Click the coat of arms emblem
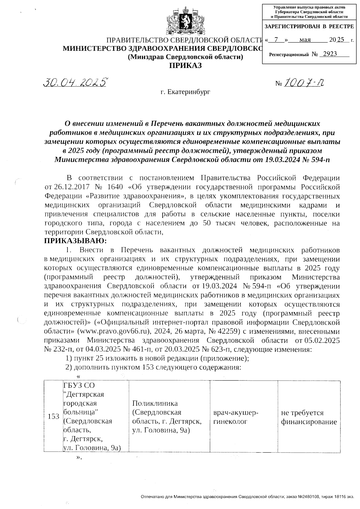pos(185,22)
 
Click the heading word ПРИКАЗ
pos(185,65)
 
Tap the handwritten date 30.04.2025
pos(75,82)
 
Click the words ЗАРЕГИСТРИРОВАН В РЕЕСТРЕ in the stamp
pos(309,27)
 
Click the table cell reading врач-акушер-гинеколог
pos(235,417)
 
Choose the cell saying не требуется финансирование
pos(309,417)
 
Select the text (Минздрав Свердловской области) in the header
pos(185,57)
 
